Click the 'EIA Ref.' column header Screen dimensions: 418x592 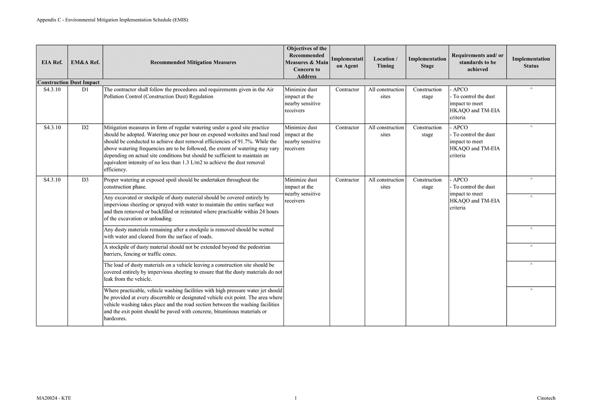click(x=52, y=62)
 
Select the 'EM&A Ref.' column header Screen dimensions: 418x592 click(x=85, y=62)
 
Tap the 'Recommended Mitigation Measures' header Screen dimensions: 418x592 click(x=193, y=62)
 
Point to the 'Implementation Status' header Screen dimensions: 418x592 click(x=531, y=62)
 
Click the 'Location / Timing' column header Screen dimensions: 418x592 click(x=385, y=62)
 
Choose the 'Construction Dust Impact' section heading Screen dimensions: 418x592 click(x=68, y=83)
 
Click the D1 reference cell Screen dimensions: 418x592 click(x=85, y=90)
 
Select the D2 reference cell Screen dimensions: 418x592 click(x=85, y=128)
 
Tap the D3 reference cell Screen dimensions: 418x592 click(x=85, y=180)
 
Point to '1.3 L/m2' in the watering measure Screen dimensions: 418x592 click(x=192, y=163)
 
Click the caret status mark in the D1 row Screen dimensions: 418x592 click(x=531, y=89)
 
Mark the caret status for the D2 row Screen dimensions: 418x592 click(x=531, y=127)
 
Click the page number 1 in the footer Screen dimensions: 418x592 click(x=295, y=398)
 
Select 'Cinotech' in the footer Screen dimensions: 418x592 click(x=546, y=398)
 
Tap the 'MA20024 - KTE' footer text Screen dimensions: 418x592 click(x=54, y=398)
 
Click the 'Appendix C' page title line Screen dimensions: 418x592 click(x=112, y=20)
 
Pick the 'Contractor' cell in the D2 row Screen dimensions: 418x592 click(x=347, y=128)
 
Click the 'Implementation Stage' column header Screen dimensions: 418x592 click(x=427, y=62)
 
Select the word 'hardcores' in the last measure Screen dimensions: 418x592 click(x=115, y=319)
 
